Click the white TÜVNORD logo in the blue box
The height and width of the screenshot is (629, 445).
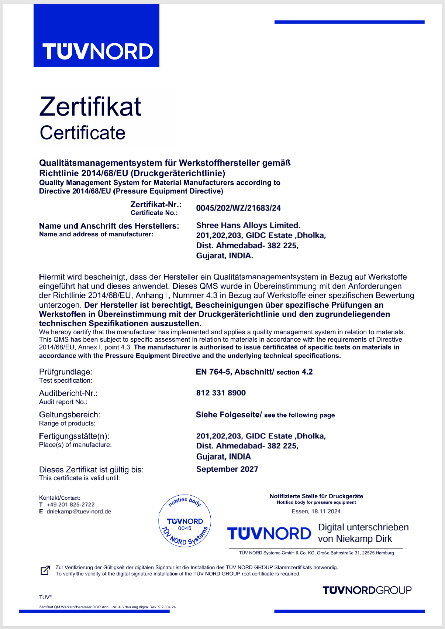(98, 51)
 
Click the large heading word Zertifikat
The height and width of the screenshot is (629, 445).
(90, 107)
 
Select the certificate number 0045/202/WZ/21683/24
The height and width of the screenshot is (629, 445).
(238, 208)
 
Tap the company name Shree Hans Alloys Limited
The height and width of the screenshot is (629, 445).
(248, 225)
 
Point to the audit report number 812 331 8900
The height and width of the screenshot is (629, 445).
(221, 393)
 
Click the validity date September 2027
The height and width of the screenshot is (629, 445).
(227, 469)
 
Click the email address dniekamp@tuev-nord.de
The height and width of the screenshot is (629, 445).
(79, 512)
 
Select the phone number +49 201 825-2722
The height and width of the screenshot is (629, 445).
(70, 505)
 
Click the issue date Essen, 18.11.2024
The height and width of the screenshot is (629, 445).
(316, 512)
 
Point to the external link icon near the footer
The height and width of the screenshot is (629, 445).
(45, 570)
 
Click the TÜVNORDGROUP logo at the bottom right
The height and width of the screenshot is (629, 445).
(367, 590)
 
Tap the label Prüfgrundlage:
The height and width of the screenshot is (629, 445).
(66, 372)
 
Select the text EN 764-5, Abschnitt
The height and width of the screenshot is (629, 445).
(234, 372)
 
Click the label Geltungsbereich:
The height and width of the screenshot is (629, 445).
(70, 415)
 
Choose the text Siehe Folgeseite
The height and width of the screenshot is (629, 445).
(228, 415)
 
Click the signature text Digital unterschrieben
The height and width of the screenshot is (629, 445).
(363, 527)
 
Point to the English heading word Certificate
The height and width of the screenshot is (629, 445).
(83, 133)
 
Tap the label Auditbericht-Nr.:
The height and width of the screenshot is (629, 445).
(68, 393)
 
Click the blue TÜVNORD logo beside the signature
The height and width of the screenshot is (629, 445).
(269, 534)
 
